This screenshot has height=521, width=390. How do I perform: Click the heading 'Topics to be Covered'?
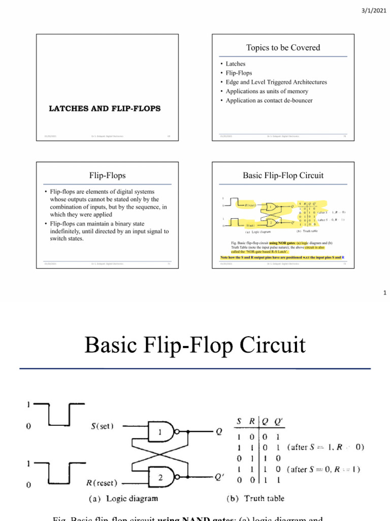[283, 47]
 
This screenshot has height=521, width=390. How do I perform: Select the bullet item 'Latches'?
[236, 64]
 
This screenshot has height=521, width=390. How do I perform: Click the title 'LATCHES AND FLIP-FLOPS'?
[105, 108]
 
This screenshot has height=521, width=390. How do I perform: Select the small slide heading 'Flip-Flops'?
[107, 176]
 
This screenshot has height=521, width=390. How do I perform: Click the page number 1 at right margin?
[385, 293]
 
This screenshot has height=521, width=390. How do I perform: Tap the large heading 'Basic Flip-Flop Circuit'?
[195, 345]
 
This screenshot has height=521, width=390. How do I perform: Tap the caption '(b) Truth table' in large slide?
[255, 498]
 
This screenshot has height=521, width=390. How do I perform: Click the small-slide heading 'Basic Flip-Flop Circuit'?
[283, 176]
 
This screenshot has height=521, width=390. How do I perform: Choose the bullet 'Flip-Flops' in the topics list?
[239, 73]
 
